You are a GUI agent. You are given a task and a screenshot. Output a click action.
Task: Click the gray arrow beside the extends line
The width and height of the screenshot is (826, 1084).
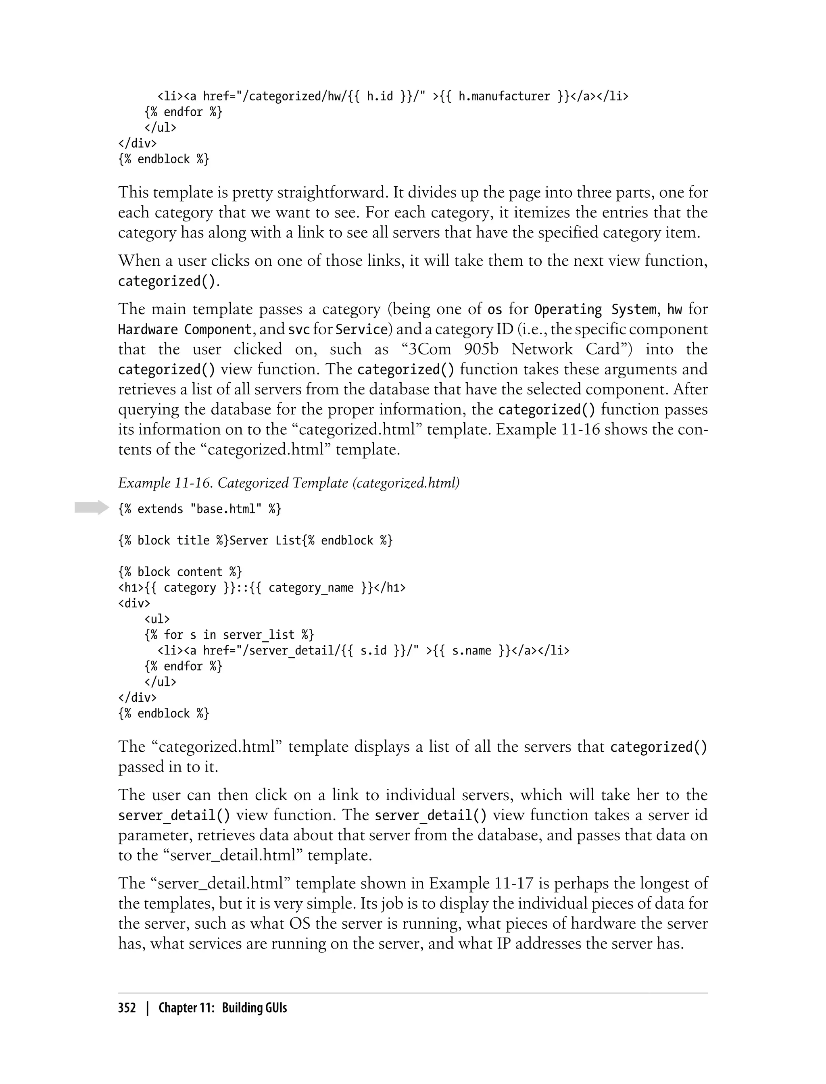coord(92,507)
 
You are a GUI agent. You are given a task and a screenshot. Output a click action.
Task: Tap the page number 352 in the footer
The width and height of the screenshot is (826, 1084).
coord(127,1008)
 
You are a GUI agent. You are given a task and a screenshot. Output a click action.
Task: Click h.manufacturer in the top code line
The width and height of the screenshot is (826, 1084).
coord(504,96)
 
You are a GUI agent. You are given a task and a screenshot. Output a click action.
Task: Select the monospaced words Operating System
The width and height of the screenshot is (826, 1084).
coord(595,309)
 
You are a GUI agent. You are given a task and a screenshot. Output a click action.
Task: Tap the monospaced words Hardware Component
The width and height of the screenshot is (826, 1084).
coord(185,329)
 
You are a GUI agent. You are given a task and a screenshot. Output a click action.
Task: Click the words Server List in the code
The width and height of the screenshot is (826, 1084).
coord(265,540)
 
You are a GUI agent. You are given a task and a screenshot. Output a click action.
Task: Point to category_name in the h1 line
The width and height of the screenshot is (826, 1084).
coord(311,588)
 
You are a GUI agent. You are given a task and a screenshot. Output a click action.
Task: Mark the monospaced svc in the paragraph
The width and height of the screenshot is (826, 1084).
coord(298,329)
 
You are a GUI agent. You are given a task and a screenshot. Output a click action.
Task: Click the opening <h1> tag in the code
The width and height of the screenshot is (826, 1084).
coord(131,588)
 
